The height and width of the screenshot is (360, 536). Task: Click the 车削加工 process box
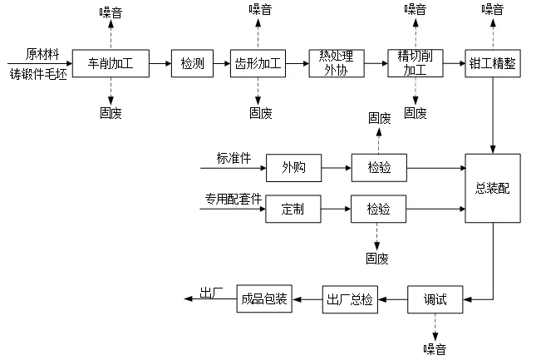point(111,63)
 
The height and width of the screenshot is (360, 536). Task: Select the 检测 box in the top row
point(193,63)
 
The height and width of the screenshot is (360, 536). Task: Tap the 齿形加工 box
point(258,63)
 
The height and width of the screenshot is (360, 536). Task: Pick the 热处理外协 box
point(337,63)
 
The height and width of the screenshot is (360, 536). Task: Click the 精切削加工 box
point(412,63)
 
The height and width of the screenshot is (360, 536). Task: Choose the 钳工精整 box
point(494,63)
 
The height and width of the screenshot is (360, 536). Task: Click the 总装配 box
point(493,188)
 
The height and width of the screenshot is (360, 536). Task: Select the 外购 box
point(293,168)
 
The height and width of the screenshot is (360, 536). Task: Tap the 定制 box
point(293,209)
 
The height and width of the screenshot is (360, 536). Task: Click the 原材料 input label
point(42,54)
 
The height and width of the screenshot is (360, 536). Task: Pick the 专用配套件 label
point(234,199)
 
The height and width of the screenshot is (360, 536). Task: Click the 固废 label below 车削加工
point(111,113)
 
